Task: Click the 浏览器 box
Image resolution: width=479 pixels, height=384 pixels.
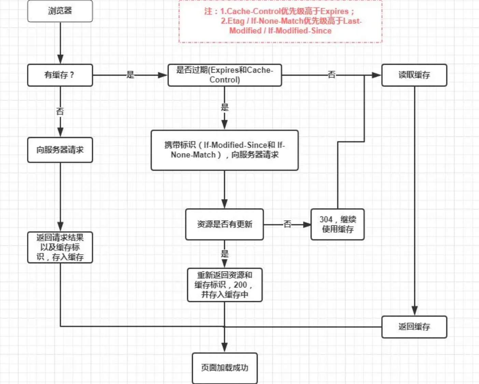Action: (60, 11)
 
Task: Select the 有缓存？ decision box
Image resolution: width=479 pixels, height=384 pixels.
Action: (60, 75)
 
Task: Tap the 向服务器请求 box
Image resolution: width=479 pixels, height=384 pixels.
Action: (60, 150)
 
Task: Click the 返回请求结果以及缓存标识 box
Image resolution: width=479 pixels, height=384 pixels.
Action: (60, 247)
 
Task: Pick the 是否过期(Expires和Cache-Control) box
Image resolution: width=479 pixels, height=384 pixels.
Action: (225, 75)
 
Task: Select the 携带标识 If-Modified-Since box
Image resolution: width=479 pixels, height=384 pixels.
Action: (225, 150)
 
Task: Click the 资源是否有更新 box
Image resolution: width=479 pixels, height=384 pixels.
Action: (224, 224)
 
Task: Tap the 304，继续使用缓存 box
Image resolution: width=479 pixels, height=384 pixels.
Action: (337, 224)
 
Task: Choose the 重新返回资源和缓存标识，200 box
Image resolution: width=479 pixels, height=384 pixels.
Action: (225, 285)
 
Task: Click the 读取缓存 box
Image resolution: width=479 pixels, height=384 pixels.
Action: (414, 75)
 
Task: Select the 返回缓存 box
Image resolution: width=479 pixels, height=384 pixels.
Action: (414, 327)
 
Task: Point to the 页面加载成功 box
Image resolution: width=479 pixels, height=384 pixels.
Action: (225, 368)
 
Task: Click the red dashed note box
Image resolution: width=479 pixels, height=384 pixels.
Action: (280, 21)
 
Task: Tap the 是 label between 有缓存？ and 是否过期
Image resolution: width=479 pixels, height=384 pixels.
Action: (130, 75)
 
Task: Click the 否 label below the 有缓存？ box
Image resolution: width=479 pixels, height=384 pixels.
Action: (60, 111)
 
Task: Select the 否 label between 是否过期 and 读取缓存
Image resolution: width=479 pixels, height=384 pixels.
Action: (332, 74)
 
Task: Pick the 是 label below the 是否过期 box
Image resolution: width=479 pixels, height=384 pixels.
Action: (225, 107)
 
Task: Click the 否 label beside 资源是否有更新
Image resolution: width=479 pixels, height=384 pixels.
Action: (287, 224)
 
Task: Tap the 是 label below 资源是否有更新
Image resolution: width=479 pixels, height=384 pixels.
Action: (225, 254)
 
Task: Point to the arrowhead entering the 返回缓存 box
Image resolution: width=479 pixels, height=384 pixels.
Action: (414, 311)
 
